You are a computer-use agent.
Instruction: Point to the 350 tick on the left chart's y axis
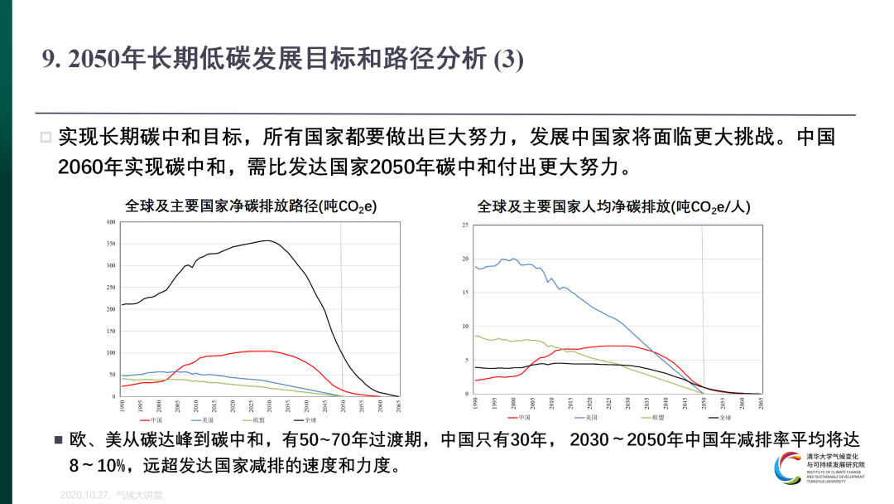point(110,245)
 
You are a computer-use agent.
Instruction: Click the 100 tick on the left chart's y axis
point(110,353)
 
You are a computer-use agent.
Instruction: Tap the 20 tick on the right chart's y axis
point(465,259)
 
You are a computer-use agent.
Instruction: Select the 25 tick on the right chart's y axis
point(465,225)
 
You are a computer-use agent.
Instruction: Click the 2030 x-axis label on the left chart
point(270,405)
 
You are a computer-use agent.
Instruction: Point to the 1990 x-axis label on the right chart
point(475,404)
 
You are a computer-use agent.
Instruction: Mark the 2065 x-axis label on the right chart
point(761,404)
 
